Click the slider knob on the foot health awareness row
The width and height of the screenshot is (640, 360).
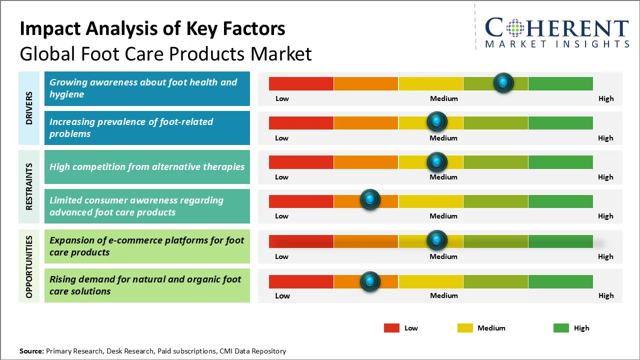click(503, 82)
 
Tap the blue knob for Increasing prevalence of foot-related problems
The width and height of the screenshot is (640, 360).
click(437, 121)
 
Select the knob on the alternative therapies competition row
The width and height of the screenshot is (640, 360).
click(437, 161)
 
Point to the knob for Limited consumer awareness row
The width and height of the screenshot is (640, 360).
click(370, 200)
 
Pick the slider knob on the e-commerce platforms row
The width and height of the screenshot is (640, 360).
click(437, 240)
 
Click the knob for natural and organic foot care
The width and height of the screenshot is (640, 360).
click(370, 281)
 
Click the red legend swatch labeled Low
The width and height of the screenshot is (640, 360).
click(391, 328)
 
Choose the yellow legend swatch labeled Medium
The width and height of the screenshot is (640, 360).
click(465, 328)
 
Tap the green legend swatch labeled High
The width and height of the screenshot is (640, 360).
click(561, 328)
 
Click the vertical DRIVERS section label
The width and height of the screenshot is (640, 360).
click(29, 108)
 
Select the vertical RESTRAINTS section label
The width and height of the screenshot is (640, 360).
click(29, 186)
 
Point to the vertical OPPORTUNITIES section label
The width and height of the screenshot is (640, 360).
click(29, 266)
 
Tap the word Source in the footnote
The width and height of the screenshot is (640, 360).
click(31, 351)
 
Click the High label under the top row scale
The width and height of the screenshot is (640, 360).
click(606, 98)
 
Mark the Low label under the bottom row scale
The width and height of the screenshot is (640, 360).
click(282, 295)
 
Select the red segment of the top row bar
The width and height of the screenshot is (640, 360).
click(301, 83)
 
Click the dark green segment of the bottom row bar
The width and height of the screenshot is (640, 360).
click(560, 281)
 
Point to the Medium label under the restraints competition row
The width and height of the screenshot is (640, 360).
click(443, 177)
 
